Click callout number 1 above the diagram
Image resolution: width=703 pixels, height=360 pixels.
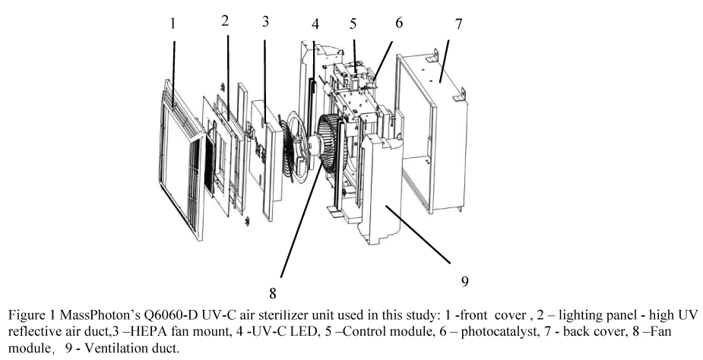(173, 24)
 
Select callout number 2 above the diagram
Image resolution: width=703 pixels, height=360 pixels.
(226, 21)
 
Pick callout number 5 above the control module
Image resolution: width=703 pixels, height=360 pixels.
(353, 24)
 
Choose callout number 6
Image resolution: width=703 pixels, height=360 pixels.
(399, 24)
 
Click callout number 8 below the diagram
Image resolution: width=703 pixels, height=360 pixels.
(271, 292)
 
